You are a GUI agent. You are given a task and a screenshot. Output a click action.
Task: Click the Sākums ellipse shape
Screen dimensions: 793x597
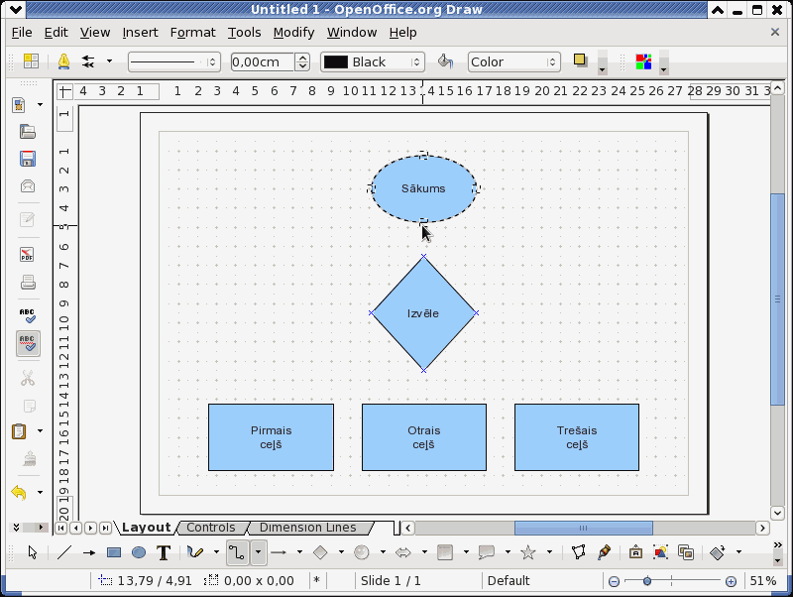424,188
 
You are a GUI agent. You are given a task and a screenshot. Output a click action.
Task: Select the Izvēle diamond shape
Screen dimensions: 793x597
424,313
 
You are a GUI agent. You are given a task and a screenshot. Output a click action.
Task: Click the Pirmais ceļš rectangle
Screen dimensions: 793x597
271,437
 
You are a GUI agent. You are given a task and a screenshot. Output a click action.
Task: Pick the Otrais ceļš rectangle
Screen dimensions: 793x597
424,437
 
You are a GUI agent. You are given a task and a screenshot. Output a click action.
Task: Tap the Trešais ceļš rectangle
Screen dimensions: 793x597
577,437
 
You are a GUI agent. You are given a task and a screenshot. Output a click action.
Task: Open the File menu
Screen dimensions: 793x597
22,33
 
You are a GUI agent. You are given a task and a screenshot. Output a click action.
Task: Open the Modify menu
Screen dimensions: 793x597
293,33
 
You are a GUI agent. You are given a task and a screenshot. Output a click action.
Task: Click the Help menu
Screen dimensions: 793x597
403,33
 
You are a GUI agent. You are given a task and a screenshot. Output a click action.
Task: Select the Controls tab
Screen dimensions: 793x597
211,528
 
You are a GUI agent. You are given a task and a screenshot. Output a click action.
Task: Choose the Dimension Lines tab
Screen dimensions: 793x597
308,528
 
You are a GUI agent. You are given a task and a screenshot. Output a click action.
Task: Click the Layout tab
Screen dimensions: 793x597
146,528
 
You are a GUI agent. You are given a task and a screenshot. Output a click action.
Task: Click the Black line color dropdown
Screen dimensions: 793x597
373,62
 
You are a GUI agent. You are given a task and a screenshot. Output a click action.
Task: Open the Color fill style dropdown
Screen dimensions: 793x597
513,62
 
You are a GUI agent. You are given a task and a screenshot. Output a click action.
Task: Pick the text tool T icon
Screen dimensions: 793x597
164,552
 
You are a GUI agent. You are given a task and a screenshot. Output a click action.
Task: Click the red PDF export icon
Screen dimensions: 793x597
28,254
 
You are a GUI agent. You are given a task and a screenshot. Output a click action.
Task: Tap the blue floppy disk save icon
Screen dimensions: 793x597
28,159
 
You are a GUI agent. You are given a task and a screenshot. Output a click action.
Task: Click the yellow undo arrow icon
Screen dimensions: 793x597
19,492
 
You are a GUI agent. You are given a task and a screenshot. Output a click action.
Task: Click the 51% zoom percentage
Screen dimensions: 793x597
763,581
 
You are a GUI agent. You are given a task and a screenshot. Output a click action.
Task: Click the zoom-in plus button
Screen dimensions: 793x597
731,581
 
